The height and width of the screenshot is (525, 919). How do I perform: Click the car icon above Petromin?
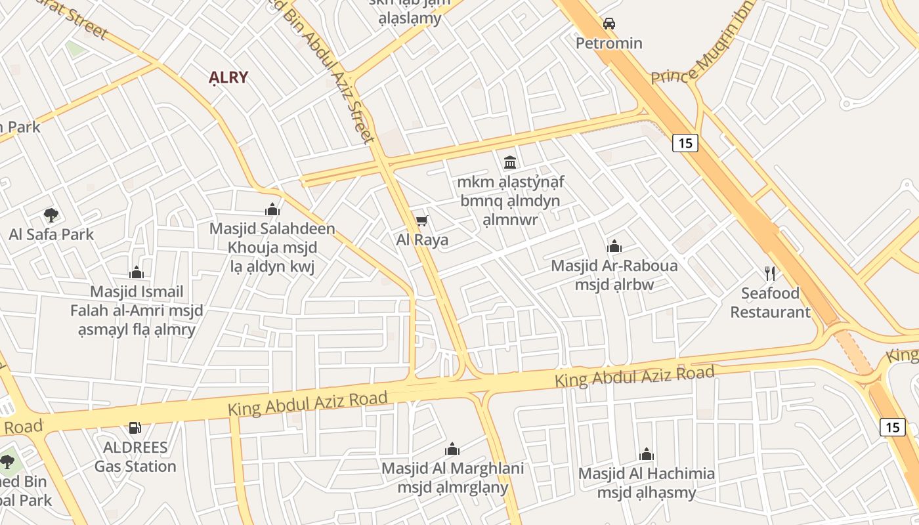(x=609, y=24)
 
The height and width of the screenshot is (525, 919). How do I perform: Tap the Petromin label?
(x=609, y=43)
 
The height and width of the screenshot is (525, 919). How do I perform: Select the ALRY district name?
(x=228, y=77)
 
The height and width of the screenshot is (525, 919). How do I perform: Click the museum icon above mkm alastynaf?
(x=510, y=161)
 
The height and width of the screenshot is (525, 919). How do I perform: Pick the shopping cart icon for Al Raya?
(x=422, y=220)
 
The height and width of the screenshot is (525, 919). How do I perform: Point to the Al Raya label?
(x=422, y=240)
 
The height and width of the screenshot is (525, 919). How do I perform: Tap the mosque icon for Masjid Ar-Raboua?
(x=614, y=247)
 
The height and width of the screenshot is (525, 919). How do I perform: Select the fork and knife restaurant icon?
(x=770, y=273)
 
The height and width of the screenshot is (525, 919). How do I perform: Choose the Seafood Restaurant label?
(x=770, y=302)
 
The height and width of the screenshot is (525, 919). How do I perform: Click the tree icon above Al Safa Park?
(x=51, y=215)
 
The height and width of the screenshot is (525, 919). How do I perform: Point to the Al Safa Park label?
(x=51, y=234)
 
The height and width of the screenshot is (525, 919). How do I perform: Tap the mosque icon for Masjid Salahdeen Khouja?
(x=272, y=209)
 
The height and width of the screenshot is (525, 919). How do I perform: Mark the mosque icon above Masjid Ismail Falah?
(x=137, y=272)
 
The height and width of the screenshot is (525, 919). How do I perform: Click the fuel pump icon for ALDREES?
(x=135, y=428)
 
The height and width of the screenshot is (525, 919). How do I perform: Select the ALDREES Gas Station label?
(x=135, y=457)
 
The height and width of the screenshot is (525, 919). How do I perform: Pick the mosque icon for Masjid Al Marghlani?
(x=452, y=449)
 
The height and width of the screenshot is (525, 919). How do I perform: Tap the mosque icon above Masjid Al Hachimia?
(x=647, y=454)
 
